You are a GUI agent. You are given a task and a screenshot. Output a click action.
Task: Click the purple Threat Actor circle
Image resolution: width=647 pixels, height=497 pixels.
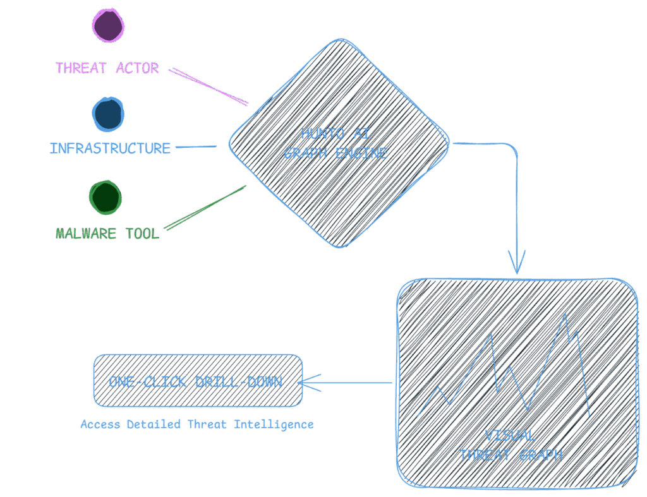pyautogui.click(x=108, y=26)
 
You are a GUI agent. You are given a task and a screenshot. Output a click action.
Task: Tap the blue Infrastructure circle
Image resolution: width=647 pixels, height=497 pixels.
pyautogui.click(x=108, y=114)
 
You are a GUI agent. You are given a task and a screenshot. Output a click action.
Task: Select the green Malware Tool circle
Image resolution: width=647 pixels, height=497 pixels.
pyautogui.click(x=105, y=196)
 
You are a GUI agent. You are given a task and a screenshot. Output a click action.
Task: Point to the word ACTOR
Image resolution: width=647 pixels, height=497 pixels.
pyautogui.click(x=137, y=68)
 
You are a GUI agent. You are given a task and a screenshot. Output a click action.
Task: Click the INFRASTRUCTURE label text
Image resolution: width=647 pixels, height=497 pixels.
pyautogui.click(x=110, y=148)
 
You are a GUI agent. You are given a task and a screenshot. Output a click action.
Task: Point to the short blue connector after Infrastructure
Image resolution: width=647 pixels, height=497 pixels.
pyautogui.click(x=195, y=148)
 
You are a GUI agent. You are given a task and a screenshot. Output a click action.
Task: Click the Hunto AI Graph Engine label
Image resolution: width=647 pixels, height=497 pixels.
pyautogui.click(x=335, y=143)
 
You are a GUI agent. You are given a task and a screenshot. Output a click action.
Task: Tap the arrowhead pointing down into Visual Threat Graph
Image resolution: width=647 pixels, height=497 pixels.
pyautogui.click(x=517, y=265)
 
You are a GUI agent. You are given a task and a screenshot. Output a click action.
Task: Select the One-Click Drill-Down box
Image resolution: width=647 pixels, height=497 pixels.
pyautogui.click(x=198, y=380)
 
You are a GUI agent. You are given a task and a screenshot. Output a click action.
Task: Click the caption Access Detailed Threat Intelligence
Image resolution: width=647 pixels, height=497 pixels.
pyautogui.click(x=197, y=424)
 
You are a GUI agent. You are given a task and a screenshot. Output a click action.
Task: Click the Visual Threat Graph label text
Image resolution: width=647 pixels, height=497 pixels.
pyautogui.click(x=510, y=445)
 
